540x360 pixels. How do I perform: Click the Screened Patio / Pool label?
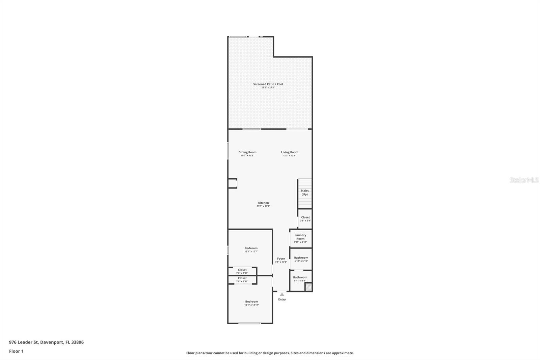(268, 84)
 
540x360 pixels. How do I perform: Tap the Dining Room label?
(247, 152)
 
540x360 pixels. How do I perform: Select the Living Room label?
(290, 152)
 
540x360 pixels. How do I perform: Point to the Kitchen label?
(263, 203)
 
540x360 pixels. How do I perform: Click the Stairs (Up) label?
(304, 192)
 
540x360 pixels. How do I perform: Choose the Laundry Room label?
(300, 237)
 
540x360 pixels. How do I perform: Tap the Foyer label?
(281, 259)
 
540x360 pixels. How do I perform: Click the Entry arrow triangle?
(282, 294)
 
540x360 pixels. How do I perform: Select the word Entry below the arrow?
(282, 300)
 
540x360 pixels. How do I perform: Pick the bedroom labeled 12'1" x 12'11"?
(251, 303)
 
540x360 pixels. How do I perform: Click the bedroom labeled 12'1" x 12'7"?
(251, 250)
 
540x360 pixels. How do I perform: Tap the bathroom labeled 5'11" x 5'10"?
(301, 259)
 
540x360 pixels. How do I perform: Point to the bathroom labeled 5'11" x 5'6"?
(300, 279)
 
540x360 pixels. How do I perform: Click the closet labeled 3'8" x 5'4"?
(305, 219)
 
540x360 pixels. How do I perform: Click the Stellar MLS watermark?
(524, 180)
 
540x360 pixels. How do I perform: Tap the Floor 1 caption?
(16, 351)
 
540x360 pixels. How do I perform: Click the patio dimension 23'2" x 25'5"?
(268, 88)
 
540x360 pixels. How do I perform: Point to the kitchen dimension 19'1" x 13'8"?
(263, 206)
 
